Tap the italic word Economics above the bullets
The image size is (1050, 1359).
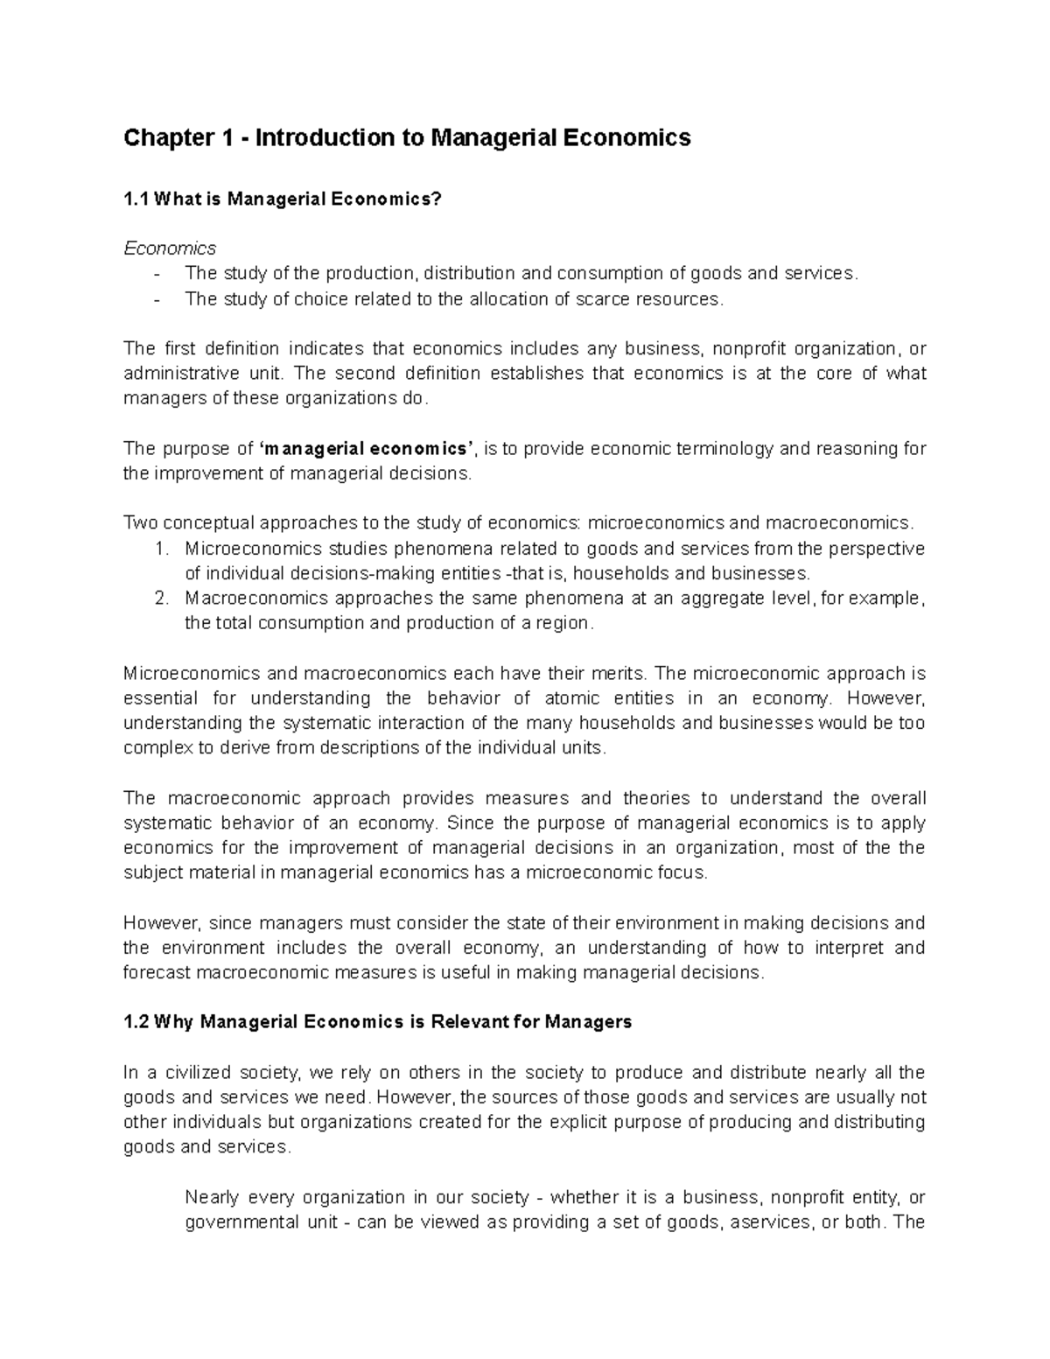170,249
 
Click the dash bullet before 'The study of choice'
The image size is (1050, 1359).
157,299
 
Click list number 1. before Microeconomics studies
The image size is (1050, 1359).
159,549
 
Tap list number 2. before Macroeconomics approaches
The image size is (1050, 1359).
159,599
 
